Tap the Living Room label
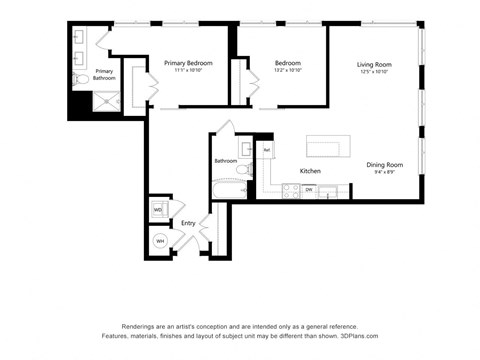[374, 65]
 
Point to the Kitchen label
[310, 171]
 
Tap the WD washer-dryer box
[158, 210]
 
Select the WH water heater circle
[159, 240]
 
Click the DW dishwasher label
[309, 189]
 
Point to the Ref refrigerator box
[266, 150]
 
